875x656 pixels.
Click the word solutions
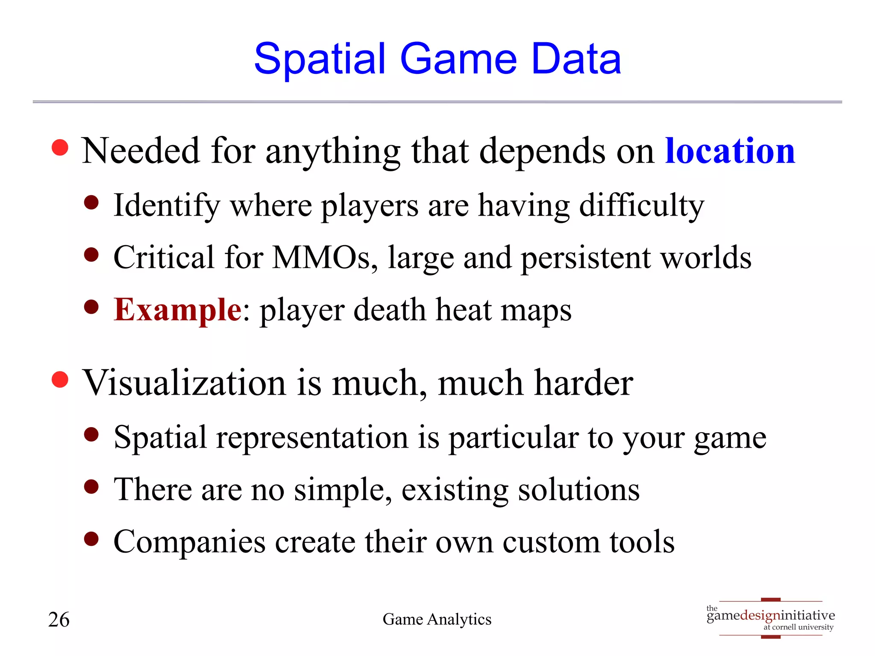coord(578,489)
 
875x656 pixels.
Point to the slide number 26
coord(59,619)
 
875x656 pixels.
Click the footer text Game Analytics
coord(437,619)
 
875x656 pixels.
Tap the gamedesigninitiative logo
coord(770,618)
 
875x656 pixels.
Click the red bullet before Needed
coord(60,148)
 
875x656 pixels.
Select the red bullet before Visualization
coord(60,380)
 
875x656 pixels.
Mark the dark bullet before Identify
coord(91,202)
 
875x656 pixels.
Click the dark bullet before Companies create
coord(91,539)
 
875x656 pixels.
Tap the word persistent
coord(585,258)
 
